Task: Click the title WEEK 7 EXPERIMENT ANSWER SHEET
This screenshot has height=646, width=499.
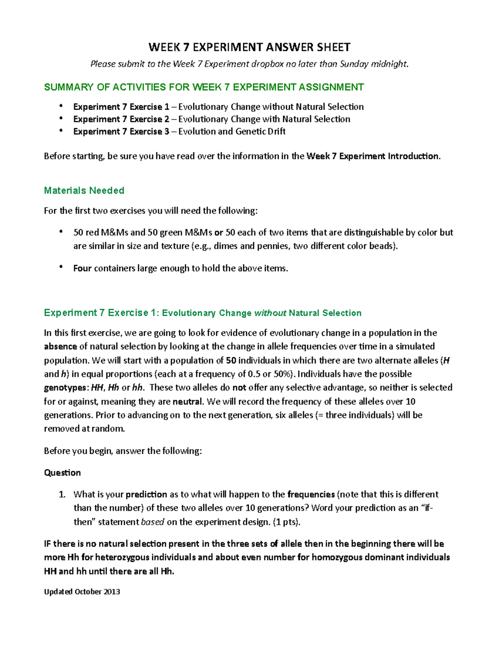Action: coord(249,47)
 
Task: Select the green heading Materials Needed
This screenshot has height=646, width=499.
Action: coord(84,191)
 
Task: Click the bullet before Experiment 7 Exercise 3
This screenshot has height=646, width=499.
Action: coord(61,131)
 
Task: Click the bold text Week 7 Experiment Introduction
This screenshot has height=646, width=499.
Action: coord(372,156)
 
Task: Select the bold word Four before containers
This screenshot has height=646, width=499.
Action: coord(82,268)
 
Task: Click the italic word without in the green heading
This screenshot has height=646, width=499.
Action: coord(270,313)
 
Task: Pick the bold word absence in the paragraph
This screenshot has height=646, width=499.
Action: coord(60,347)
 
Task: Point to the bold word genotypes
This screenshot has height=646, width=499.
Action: coord(65,388)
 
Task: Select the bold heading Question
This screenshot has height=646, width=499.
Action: coord(62,473)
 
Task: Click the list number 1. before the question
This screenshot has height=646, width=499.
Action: coord(62,494)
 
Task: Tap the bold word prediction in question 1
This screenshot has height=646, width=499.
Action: coord(146,494)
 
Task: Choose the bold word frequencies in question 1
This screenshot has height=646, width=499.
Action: coord(311,494)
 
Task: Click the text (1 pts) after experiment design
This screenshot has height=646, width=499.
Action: coord(286,522)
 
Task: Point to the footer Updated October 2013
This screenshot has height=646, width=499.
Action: coord(82,592)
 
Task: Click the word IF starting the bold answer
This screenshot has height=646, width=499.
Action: coord(48,544)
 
